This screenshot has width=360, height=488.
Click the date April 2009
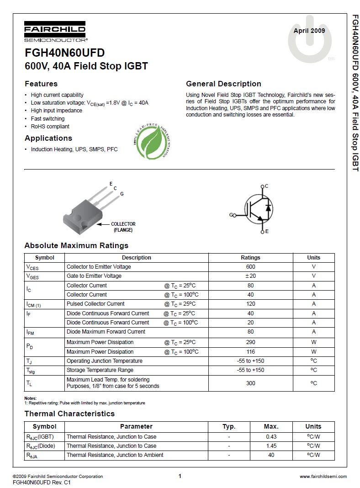[309, 31]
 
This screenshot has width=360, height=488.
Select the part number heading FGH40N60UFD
[64, 53]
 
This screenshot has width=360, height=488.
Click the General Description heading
[223, 84]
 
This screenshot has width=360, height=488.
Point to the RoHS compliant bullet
[50, 127]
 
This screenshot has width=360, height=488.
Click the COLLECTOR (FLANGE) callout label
[123, 227]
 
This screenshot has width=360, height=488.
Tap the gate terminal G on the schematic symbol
[232, 215]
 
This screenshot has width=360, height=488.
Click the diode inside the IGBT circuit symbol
[268, 208]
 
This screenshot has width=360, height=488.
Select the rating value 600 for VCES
[250, 267]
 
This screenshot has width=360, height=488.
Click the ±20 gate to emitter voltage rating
[250, 276]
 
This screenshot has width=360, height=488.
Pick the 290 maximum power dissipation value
[250, 342]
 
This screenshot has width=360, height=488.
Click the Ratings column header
[250, 258]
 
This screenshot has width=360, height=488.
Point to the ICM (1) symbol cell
[34, 304]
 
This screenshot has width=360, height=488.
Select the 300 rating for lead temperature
[250, 383]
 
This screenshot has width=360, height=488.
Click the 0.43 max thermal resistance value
[271, 437]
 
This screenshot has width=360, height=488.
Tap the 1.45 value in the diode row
[271, 446]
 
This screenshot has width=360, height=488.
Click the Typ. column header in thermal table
[229, 426]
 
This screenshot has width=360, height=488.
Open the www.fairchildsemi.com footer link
[323, 476]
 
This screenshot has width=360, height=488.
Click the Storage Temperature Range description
[100, 370]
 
